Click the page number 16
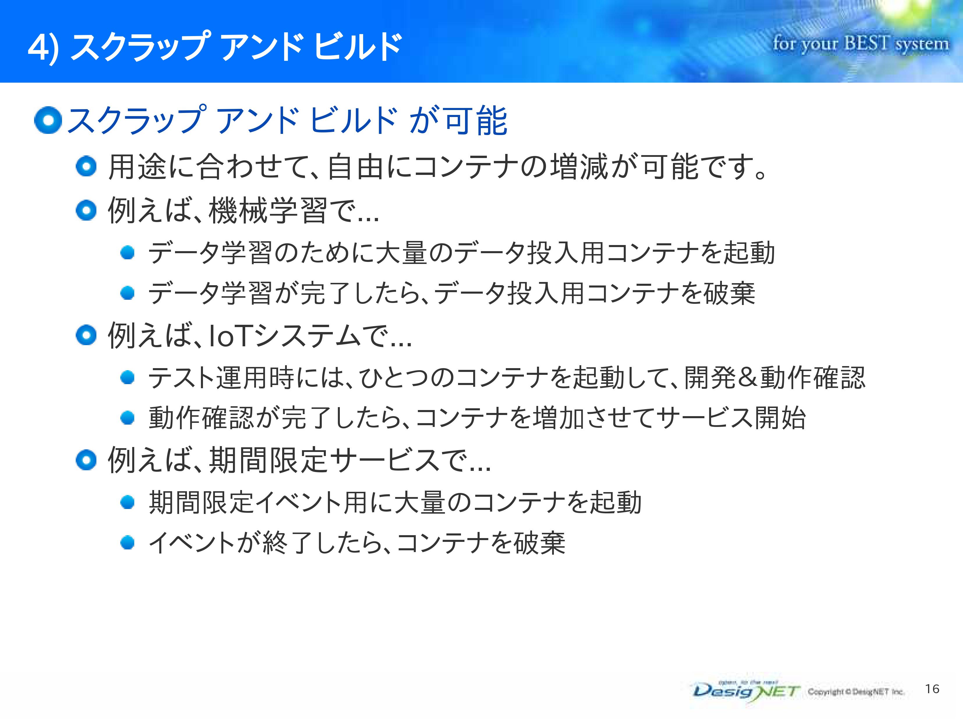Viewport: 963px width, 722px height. coord(932,689)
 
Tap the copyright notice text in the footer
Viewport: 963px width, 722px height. coord(856,692)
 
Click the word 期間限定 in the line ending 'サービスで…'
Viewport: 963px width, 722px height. coord(268,460)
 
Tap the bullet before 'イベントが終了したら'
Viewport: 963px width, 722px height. coord(127,542)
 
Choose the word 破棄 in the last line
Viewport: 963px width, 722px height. coord(539,543)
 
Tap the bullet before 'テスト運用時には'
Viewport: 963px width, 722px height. coord(127,377)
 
